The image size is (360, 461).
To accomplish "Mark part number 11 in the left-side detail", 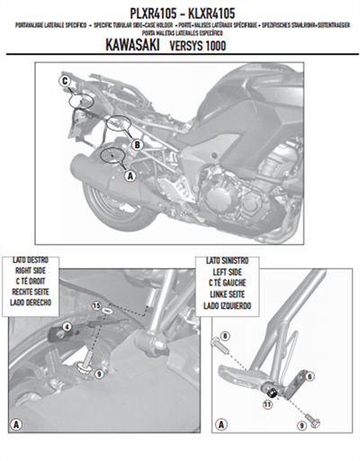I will click(266, 406).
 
